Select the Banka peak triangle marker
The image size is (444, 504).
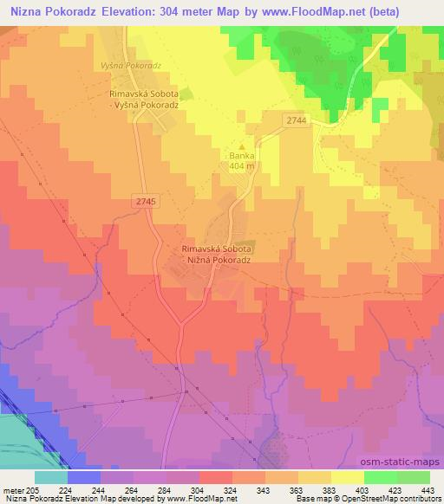(x=242, y=146)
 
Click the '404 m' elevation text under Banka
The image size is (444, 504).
(x=242, y=166)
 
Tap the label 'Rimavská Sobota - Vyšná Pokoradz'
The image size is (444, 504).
(x=145, y=100)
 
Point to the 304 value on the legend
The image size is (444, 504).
(x=197, y=490)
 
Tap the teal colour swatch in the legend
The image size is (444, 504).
(x=51, y=477)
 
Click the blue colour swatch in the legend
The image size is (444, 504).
(x=84, y=477)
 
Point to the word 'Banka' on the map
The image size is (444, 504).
(x=242, y=157)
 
